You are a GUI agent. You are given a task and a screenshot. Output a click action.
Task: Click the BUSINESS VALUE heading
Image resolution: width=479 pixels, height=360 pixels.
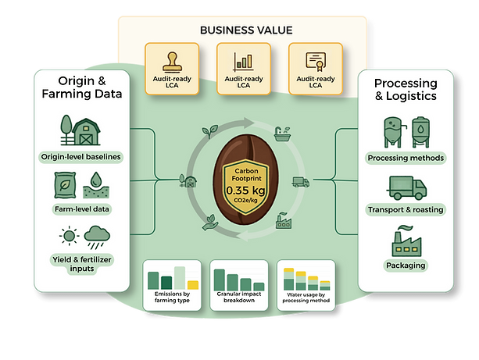(246, 30)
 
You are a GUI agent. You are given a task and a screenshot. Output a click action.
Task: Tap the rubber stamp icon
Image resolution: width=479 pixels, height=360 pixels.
(172, 62)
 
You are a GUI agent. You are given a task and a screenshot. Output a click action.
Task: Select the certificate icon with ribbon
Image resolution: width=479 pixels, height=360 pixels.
(316, 62)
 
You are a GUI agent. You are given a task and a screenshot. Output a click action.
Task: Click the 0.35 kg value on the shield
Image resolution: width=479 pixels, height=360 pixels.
(245, 191)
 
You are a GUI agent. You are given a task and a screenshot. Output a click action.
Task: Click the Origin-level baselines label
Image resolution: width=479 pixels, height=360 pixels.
(81, 157)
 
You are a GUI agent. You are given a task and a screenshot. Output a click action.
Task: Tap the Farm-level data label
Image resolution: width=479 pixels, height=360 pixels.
(82, 209)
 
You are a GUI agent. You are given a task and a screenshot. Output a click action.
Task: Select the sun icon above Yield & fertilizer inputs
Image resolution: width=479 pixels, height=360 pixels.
(69, 235)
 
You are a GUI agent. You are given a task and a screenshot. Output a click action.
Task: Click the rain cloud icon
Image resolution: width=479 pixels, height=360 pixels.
(97, 237)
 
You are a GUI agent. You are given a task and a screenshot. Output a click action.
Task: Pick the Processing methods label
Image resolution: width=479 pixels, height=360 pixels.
(406, 158)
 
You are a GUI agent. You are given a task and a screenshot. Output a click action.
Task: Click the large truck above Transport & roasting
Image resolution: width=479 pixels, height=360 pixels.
(406, 188)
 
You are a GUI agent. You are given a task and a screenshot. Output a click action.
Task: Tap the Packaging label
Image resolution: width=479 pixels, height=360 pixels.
(406, 266)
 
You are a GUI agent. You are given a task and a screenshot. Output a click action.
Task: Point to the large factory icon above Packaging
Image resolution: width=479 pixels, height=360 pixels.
(406, 241)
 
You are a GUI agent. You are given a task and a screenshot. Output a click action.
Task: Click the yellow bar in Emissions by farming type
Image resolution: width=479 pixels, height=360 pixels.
(193, 285)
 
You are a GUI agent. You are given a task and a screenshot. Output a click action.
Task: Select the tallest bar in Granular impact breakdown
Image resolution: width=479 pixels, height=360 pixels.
(220, 280)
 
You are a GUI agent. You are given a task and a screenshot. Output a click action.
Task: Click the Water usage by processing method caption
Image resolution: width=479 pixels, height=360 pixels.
(306, 298)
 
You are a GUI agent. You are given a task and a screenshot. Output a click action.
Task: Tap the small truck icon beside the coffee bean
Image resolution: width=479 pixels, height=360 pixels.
(301, 182)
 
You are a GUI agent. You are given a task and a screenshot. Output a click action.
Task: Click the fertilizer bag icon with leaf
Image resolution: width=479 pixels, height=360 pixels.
(64, 185)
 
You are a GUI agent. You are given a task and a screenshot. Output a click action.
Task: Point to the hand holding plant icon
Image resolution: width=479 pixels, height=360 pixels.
(210, 223)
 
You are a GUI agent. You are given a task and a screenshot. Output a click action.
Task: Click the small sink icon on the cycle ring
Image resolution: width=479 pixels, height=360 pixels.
(282, 134)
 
